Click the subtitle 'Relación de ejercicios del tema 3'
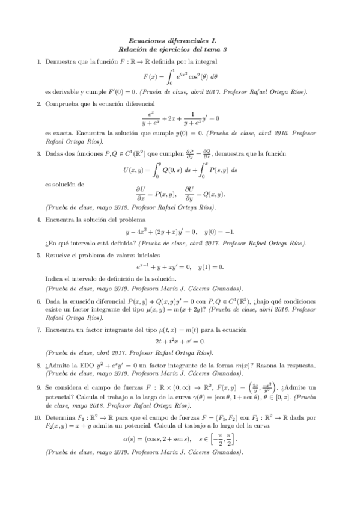(x=180, y=49)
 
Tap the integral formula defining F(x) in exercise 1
(x=180, y=77)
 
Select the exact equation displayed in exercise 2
(x=180, y=118)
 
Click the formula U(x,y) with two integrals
(x=180, y=170)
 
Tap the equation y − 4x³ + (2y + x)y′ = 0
(x=180, y=232)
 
